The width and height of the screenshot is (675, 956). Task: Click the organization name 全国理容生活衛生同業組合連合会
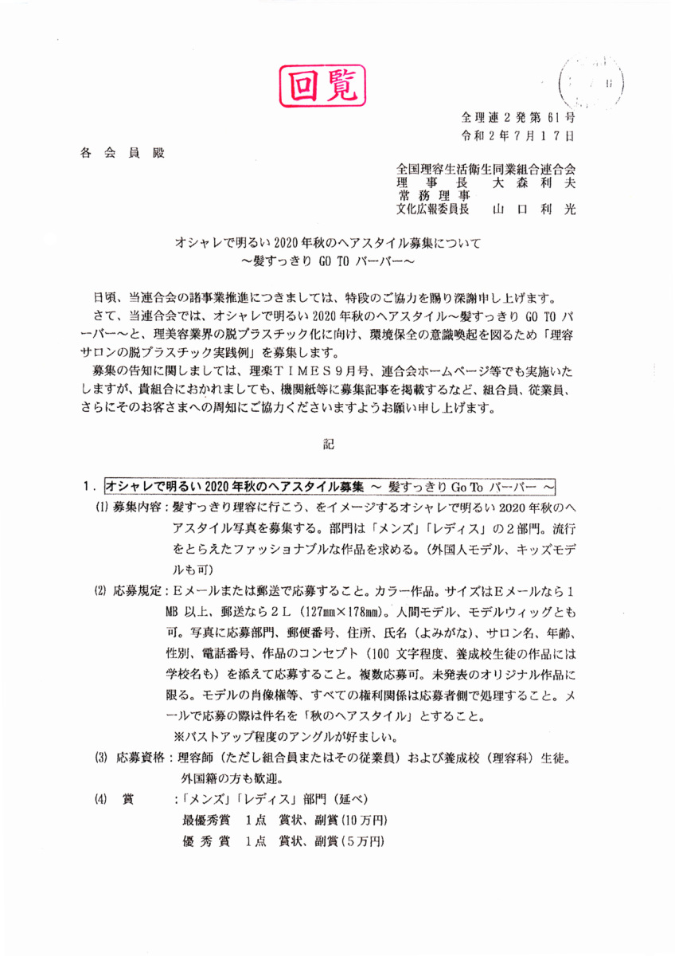[x=486, y=170]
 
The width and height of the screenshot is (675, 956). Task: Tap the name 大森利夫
[x=534, y=182]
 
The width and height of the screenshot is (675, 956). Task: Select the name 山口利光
[x=534, y=210]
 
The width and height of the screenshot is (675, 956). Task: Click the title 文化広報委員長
[x=433, y=210]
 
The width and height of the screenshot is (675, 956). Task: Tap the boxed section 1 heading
[x=329, y=485]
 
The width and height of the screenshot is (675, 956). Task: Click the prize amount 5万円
[x=363, y=841]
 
